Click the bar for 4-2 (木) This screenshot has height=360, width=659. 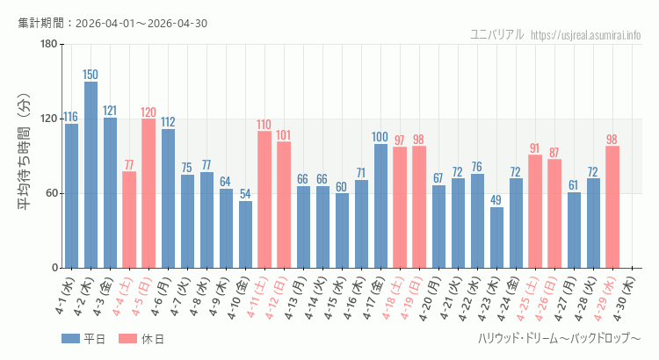coord(91,175)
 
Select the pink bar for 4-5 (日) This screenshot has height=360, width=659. coord(148,193)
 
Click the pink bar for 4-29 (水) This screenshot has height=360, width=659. coord(612,206)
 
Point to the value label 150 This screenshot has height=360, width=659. coord(91,75)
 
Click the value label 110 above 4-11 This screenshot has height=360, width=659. coord(264,125)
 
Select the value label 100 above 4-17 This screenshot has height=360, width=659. coord(380,137)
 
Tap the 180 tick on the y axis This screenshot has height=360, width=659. coord(48,45)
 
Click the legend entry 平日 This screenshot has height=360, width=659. coord(83,339)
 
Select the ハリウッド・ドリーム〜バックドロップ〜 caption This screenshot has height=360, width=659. coord(559,339)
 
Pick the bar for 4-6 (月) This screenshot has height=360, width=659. coord(168,198)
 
